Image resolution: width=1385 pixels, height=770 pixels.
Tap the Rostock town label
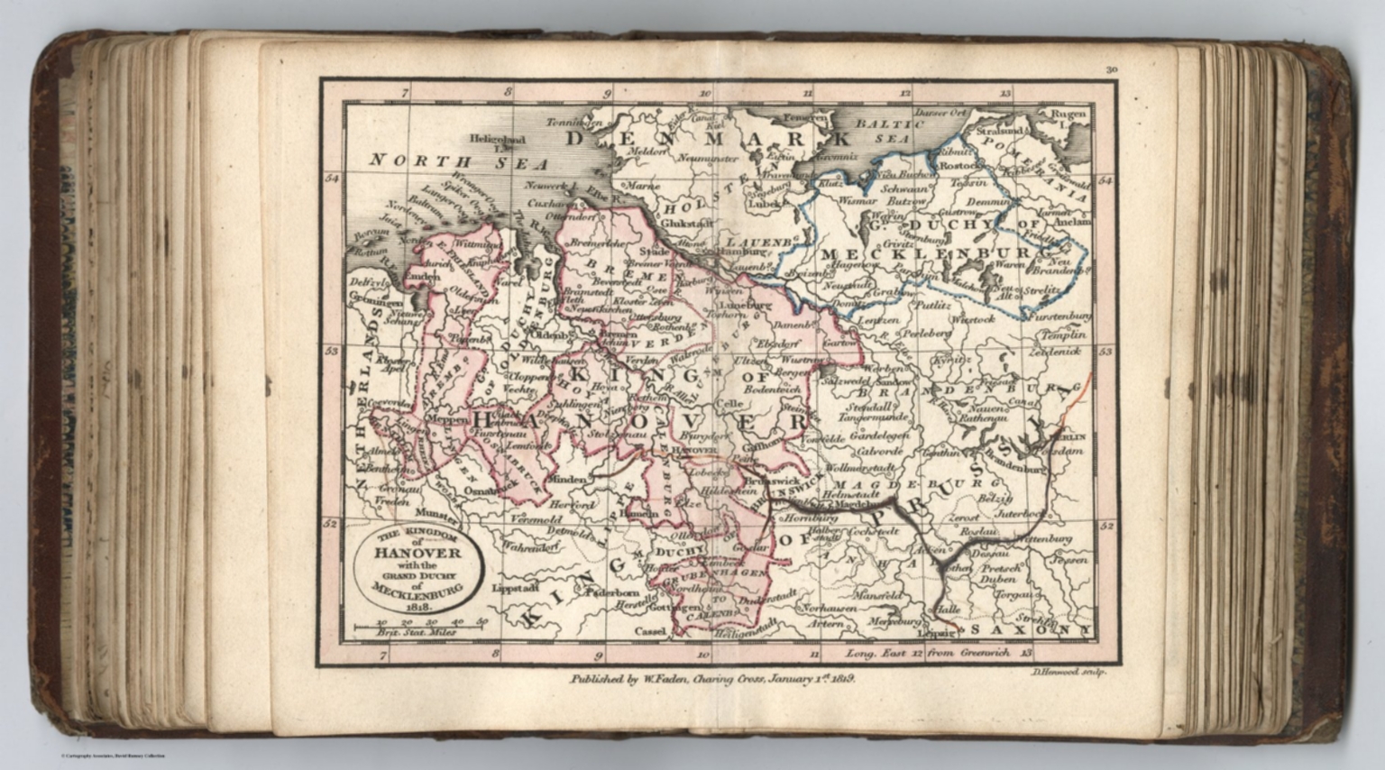click(958, 166)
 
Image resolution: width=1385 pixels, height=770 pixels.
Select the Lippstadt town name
click(516, 587)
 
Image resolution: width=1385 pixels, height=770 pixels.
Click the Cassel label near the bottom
click(650, 631)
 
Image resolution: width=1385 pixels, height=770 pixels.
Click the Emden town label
click(421, 276)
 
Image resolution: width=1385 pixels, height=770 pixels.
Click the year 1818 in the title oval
click(417, 607)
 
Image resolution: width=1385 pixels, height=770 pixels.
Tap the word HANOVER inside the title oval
click(417, 553)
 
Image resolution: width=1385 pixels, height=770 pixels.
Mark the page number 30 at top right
click(1111, 69)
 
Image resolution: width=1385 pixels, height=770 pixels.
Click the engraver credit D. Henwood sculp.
click(1065, 672)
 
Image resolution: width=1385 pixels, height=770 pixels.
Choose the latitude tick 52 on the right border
click(1106, 525)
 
